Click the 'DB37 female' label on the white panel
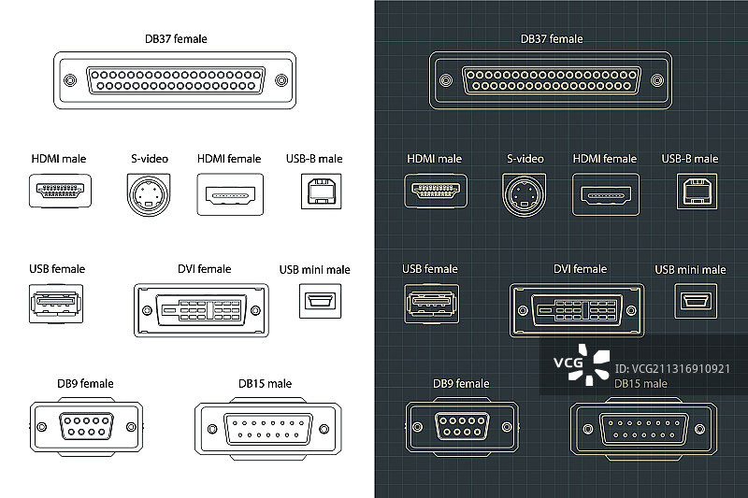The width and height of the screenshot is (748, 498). (x=177, y=38)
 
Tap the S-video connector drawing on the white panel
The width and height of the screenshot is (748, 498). (x=149, y=194)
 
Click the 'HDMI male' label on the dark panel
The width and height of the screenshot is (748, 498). (x=434, y=160)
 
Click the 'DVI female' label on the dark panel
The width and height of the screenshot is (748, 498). (x=580, y=269)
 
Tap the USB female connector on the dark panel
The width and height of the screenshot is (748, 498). (x=430, y=306)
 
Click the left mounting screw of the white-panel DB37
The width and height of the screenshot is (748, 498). (x=71, y=81)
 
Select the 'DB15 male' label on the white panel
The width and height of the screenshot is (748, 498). (x=265, y=383)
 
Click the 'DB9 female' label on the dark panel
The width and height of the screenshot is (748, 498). (x=460, y=383)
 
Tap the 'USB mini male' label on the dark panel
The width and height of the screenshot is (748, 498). (x=690, y=270)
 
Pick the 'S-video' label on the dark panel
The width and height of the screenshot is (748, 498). (x=525, y=159)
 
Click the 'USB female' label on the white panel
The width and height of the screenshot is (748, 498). (x=57, y=269)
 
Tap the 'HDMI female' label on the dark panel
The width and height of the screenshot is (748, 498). (x=604, y=159)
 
